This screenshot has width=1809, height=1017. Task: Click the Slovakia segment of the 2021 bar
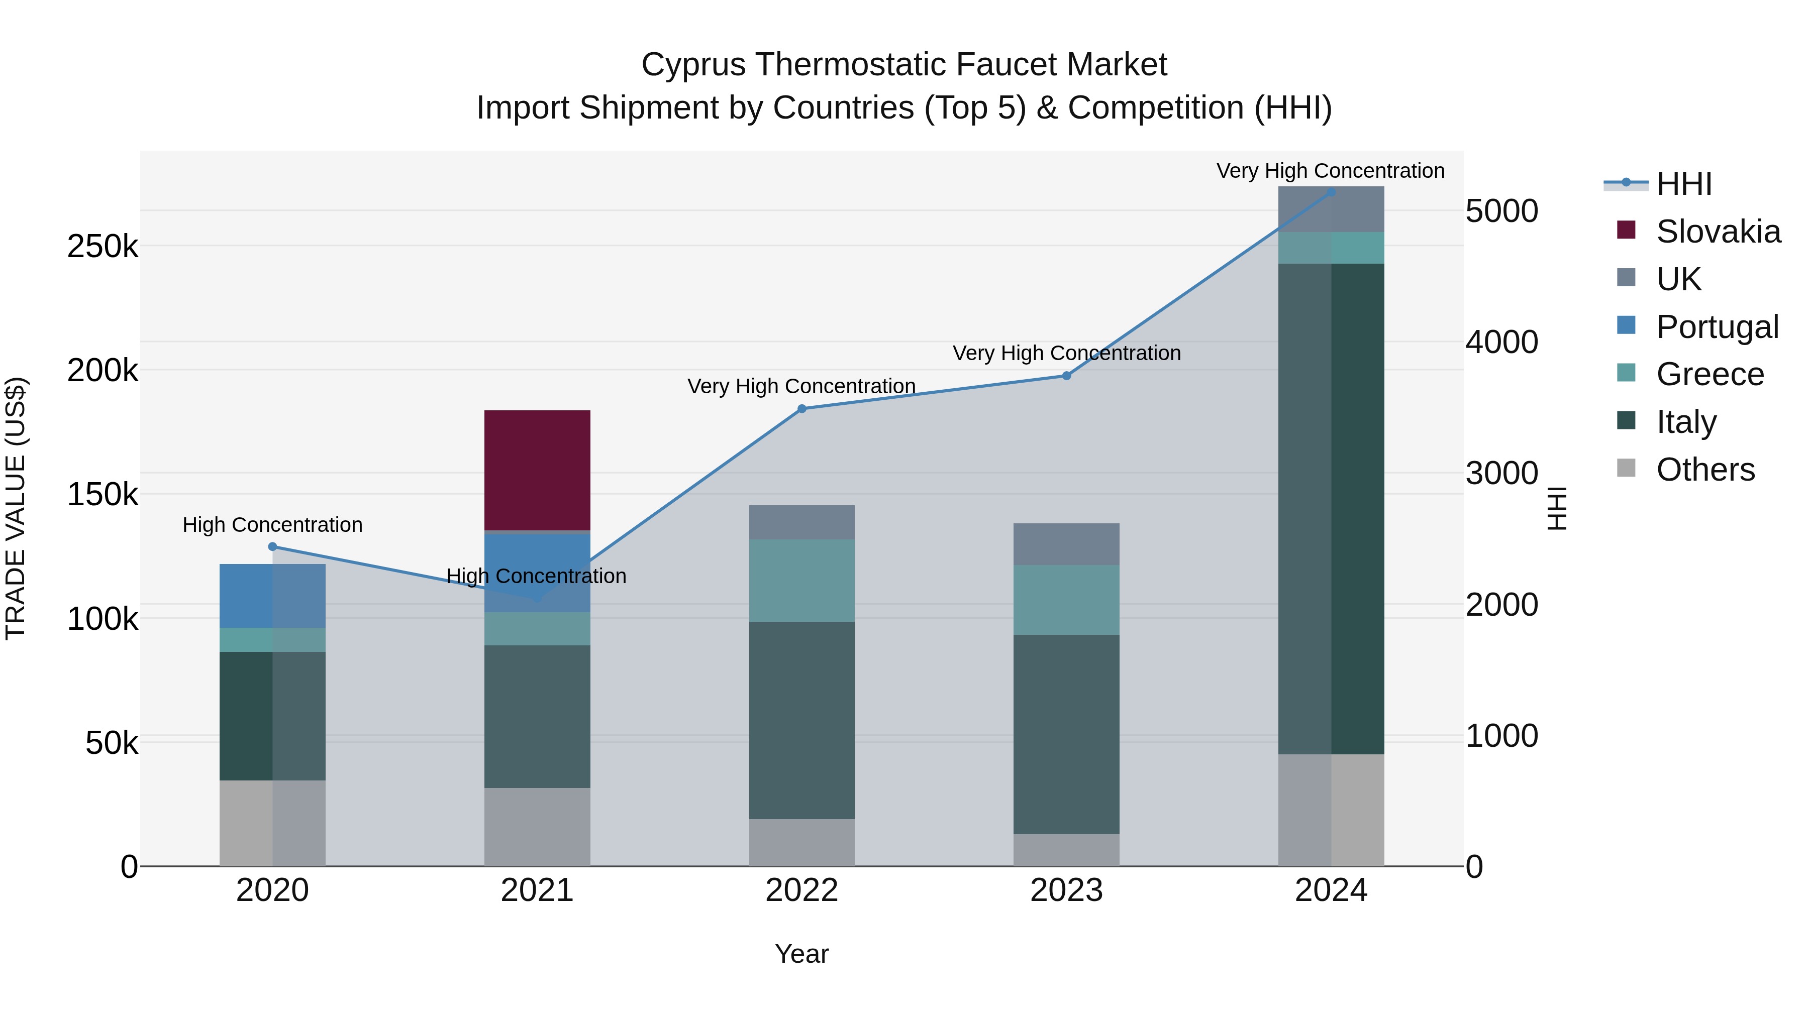(x=537, y=470)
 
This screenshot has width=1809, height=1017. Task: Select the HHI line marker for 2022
(x=802, y=408)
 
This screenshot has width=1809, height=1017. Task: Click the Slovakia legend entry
(x=1718, y=232)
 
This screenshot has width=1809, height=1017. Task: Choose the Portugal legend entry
(x=1717, y=327)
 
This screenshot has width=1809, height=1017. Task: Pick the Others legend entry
(x=1705, y=470)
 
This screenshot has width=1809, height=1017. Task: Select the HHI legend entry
(x=1684, y=184)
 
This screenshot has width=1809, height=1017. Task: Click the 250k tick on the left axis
(x=103, y=247)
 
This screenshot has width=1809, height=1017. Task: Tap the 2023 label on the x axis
(x=1066, y=890)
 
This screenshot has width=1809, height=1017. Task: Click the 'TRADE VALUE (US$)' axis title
(x=16, y=508)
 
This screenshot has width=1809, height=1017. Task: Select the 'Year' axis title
(x=801, y=954)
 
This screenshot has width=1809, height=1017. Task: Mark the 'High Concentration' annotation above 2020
(x=272, y=525)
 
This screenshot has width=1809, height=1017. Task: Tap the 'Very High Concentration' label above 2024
(x=1330, y=171)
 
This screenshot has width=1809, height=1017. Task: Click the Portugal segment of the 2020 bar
(x=272, y=595)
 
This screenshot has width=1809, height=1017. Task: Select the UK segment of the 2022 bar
(x=802, y=522)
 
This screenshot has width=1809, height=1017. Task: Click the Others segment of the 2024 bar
(x=1331, y=810)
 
